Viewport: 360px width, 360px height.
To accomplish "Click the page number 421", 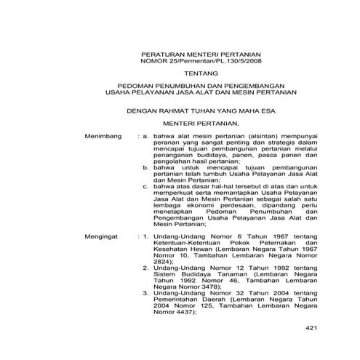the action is (312, 329).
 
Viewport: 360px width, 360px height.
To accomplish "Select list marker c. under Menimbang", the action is (145, 185).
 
